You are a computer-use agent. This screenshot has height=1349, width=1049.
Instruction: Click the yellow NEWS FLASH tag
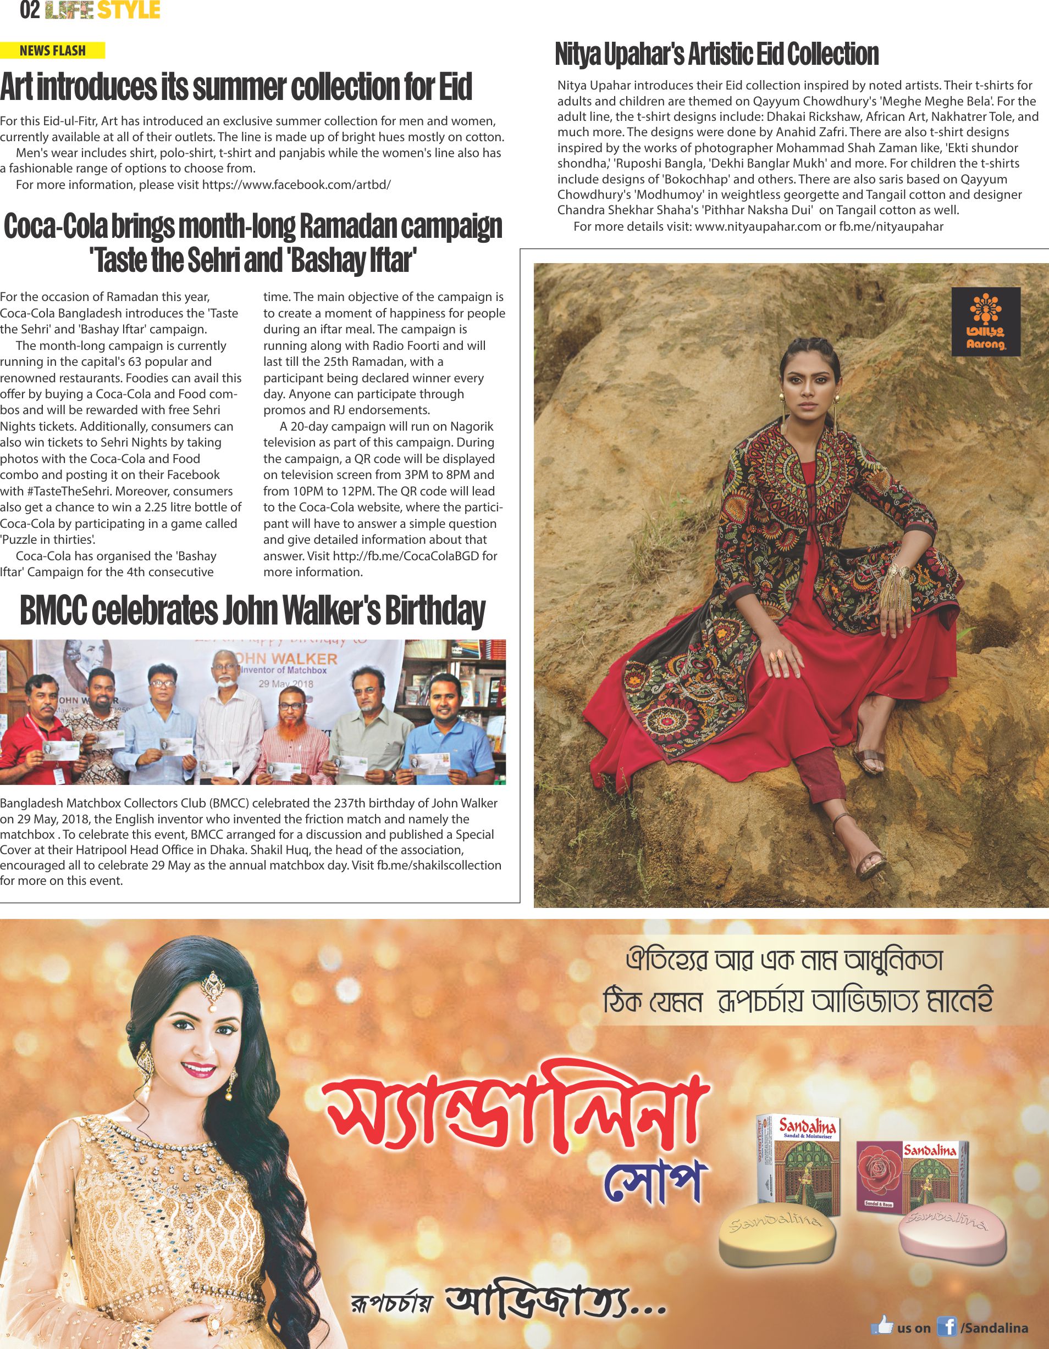[x=53, y=51]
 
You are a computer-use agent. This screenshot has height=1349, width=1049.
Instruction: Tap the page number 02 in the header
[x=30, y=10]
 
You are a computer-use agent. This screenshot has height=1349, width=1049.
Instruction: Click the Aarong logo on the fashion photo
[x=985, y=321]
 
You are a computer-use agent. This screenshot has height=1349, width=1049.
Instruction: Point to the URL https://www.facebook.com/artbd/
[x=296, y=185]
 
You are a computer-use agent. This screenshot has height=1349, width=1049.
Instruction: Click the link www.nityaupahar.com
[x=757, y=226]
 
